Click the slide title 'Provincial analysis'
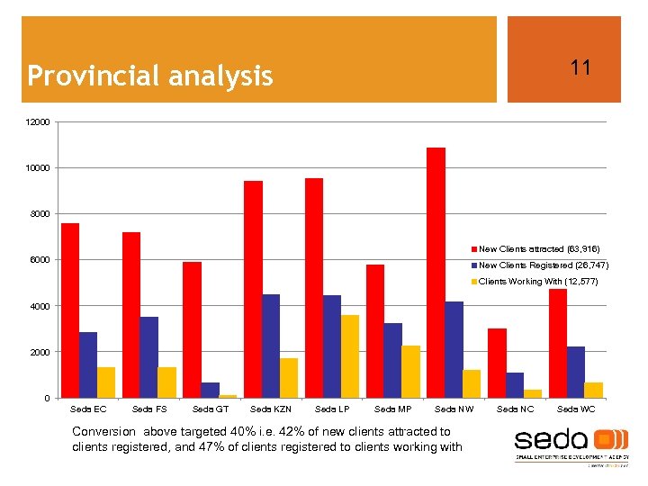[150, 76]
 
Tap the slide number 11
[580, 67]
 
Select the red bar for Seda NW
[436, 273]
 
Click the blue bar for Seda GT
[210, 390]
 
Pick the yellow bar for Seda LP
[350, 356]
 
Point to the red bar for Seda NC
[497, 363]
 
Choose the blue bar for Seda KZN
[271, 346]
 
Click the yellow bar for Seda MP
[410, 372]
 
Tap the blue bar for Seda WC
[576, 372]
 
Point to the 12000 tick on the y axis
[39, 122]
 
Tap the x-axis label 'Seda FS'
[148, 409]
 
